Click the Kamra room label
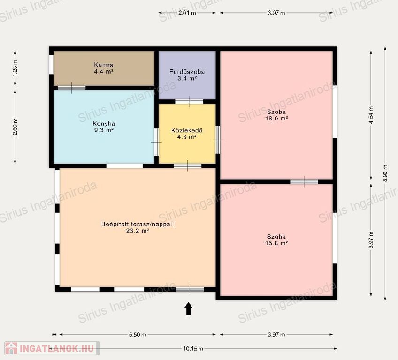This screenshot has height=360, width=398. coord(104,65)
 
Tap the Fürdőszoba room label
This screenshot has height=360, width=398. coord(187,72)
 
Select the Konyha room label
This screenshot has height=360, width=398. coord(104,124)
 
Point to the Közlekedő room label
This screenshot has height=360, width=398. coord(187,131)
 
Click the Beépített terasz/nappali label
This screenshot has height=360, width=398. coord(138,224)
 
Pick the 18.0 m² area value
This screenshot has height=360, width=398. coord(276,119)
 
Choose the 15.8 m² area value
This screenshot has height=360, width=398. coord(276,243)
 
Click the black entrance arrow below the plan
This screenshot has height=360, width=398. coord(188,308)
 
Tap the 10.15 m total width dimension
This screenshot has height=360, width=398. coord(193,349)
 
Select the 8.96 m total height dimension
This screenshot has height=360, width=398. coord(385,173)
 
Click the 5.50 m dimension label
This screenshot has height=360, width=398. coord(138,334)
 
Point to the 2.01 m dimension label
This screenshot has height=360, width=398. coord(187,13)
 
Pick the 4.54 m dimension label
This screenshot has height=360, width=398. coord(371,115)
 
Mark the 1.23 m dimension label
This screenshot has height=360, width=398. coord(15,68)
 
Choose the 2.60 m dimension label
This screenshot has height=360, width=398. coord(15,127)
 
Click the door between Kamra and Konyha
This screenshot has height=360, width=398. coord(72,88)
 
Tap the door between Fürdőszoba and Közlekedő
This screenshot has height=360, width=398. coord(189,102)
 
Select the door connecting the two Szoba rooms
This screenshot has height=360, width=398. coord(304,181)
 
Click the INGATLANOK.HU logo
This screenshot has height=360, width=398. coord(52,348)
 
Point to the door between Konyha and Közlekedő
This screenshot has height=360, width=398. coord(156,142)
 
